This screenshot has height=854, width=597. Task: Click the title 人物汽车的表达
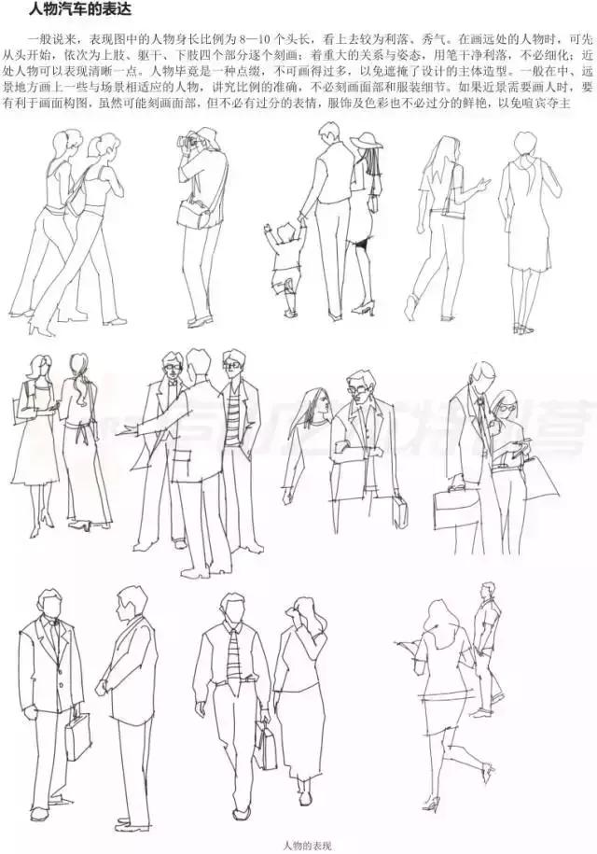click(x=70, y=10)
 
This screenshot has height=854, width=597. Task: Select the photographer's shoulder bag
click(x=196, y=217)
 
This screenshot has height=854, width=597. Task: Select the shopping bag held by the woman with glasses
click(x=538, y=476)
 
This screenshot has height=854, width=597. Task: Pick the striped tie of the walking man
click(x=233, y=653)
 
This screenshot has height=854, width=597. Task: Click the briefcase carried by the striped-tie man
click(x=267, y=747)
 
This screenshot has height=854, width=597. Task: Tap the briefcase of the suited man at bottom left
click(x=78, y=737)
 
